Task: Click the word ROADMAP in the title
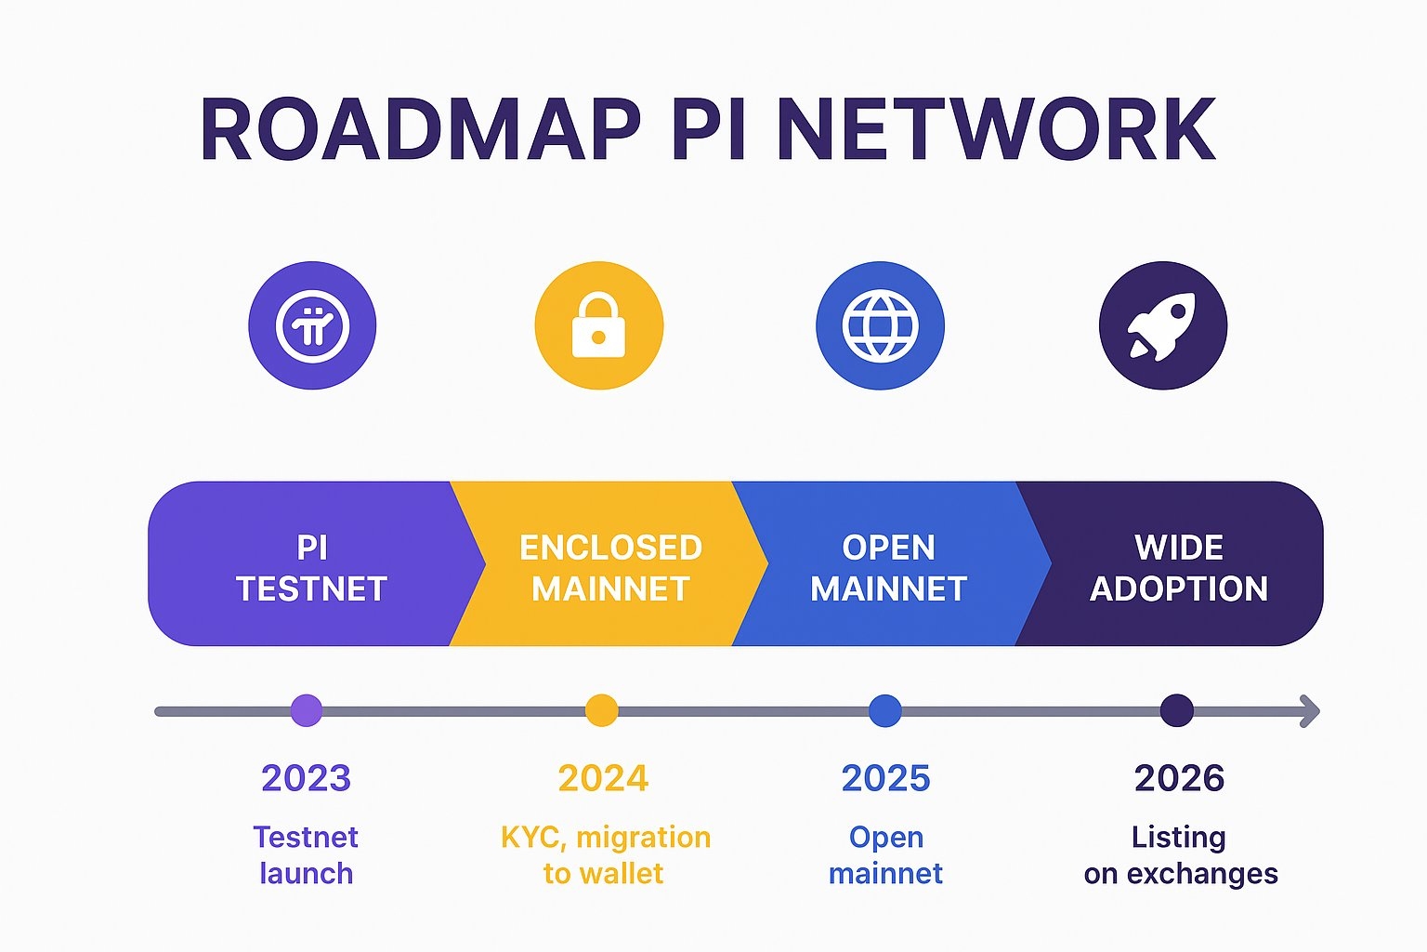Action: [x=420, y=130]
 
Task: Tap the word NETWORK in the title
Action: [x=995, y=130]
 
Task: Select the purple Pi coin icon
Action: [x=312, y=325]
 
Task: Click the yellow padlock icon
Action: [x=599, y=325]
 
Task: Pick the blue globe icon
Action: [x=880, y=325]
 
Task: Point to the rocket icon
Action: [x=1163, y=325]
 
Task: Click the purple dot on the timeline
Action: [x=307, y=710]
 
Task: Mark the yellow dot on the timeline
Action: [x=601, y=710]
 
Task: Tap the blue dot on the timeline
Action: [x=884, y=710]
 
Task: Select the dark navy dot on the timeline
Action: [x=1177, y=710]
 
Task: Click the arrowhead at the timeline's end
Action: [x=1309, y=711]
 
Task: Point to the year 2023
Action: [x=306, y=778]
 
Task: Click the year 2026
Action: [x=1179, y=778]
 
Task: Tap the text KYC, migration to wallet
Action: [x=605, y=855]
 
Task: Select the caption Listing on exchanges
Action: [x=1180, y=855]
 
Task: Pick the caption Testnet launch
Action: [x=306, y=855]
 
